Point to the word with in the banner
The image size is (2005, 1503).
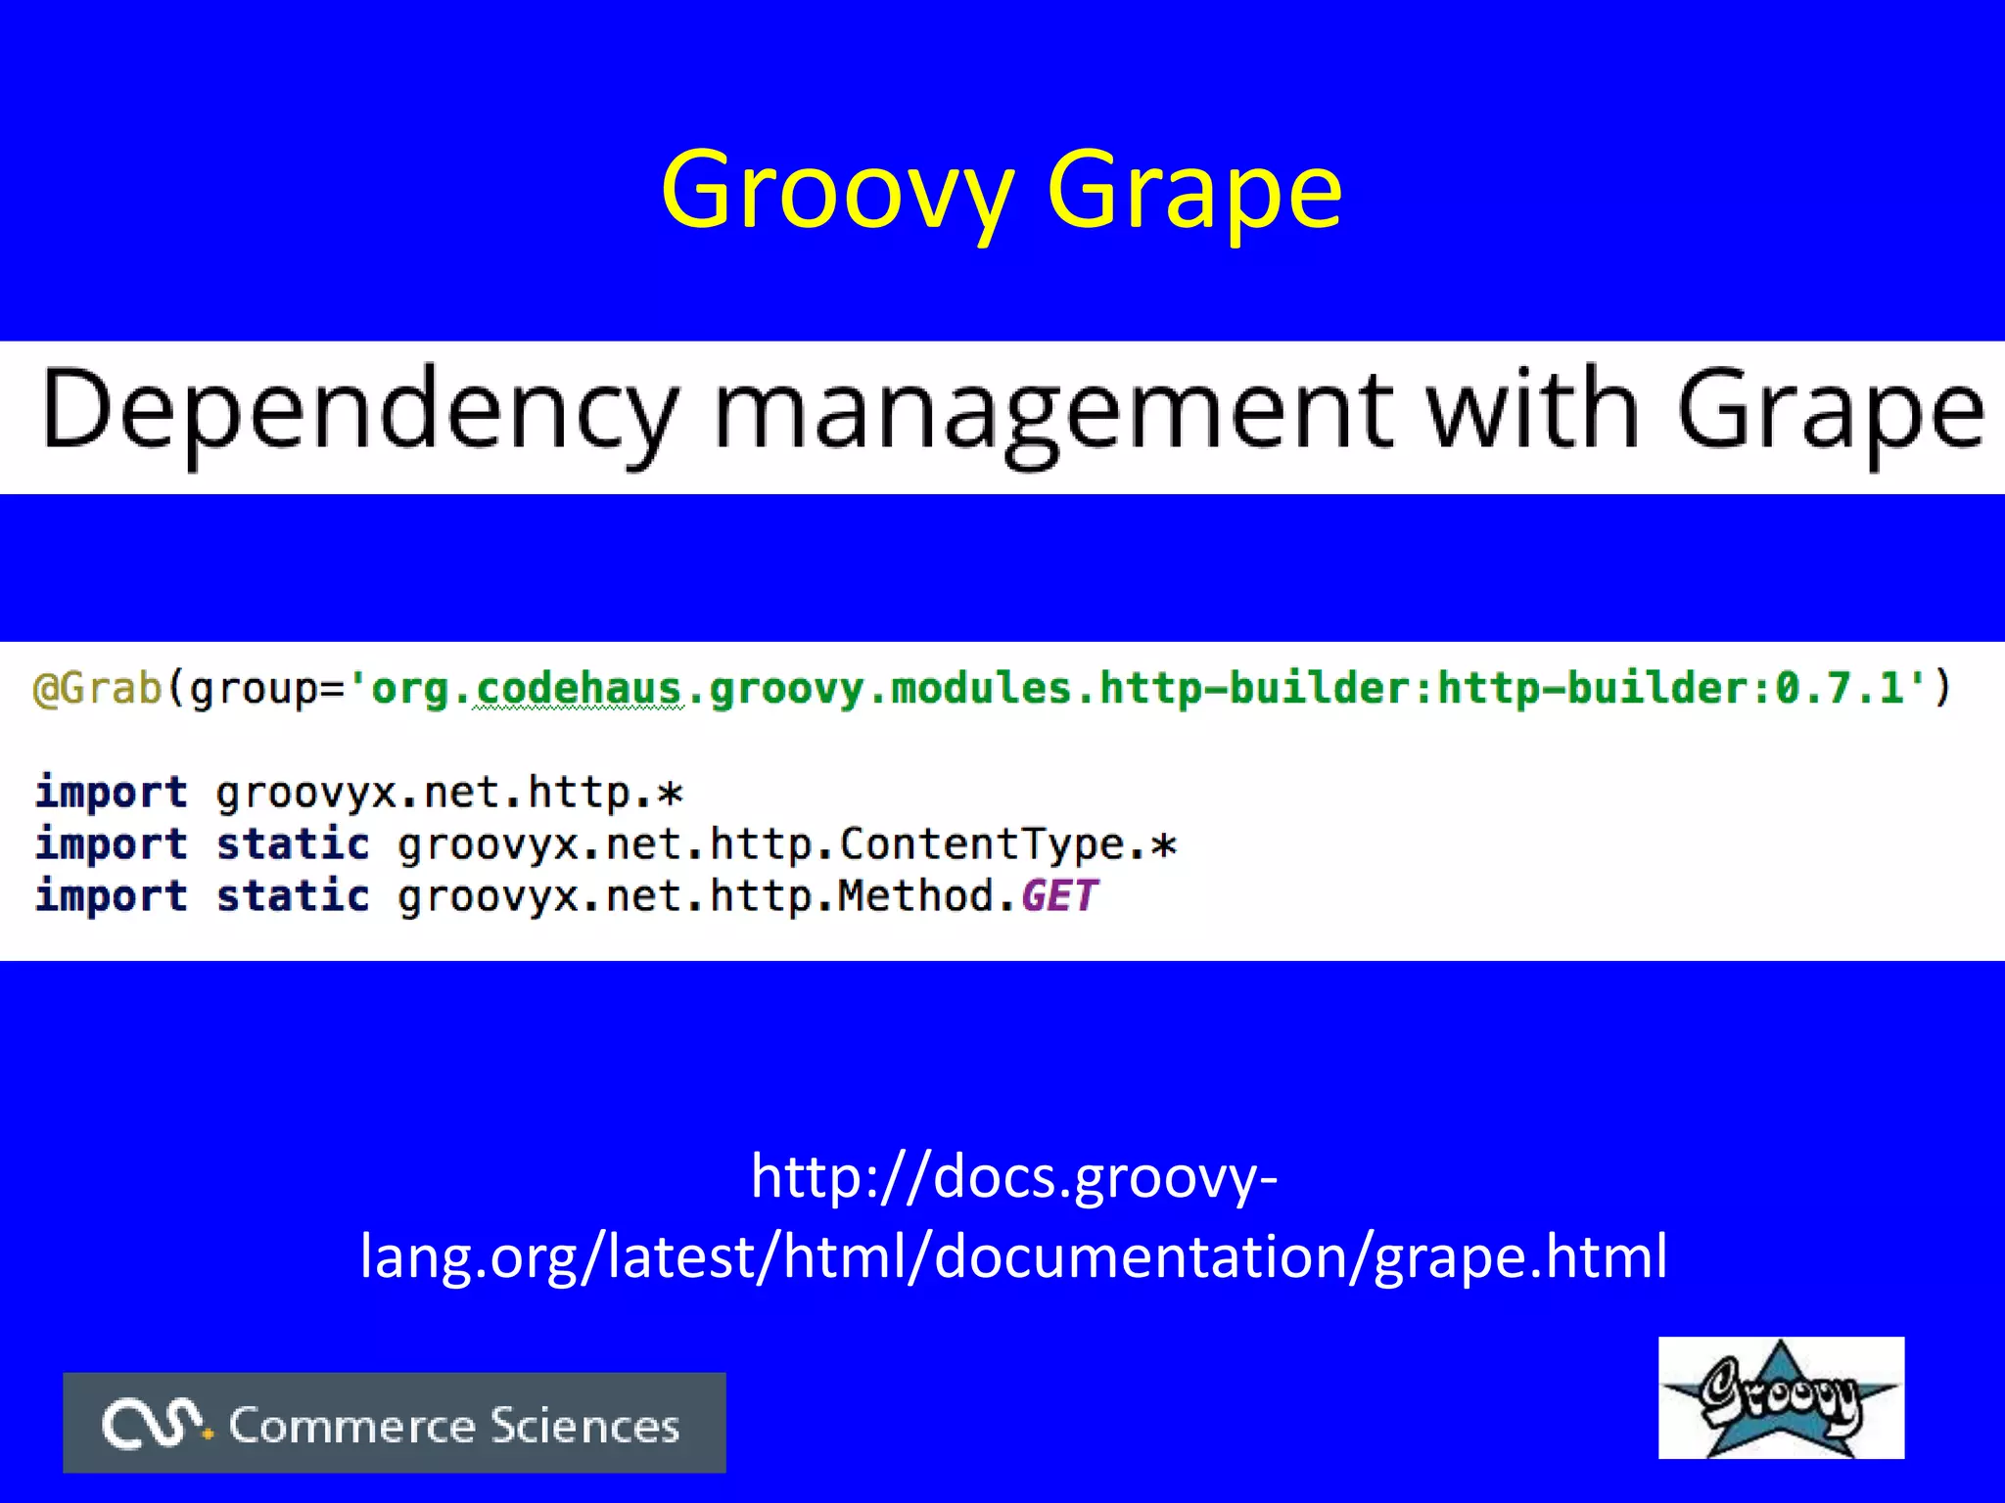(x=1532, y=409)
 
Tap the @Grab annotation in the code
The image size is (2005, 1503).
(x=98, y=688)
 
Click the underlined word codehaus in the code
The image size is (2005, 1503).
(x=578, y=688)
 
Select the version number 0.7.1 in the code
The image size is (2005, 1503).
(x=1841, y=688)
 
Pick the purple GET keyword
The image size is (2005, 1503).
(x=1059, y=895)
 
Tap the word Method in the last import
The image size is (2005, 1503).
(x=916, y=895)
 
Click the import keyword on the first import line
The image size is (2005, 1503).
(x=111, y=792)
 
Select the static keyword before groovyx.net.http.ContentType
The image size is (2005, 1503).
(x=293, y=843)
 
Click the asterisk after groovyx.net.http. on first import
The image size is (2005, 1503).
(x=670, y=792)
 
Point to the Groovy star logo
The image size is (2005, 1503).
(x=1781, y=1397)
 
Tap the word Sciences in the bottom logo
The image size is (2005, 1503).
(x=584, y=1425)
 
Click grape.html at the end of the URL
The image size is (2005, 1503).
(x=1520, y=1256)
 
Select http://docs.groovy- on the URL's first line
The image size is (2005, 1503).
(x=1014, y=1176)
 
